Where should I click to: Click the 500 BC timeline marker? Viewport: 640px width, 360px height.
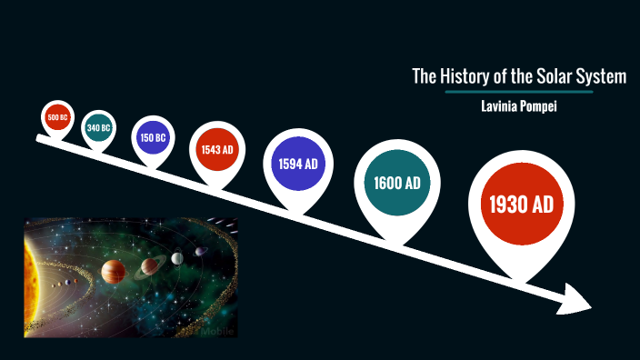pos(56,118)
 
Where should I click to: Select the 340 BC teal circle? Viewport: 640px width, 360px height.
pos(98,128)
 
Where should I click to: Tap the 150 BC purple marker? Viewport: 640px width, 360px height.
pos(153,138)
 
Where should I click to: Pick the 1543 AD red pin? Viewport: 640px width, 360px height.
pos(217,149)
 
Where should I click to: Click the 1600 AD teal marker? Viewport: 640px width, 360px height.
pos(396,183)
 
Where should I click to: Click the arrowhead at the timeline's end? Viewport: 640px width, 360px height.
pos(575,300)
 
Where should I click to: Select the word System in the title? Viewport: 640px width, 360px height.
pos(603,76)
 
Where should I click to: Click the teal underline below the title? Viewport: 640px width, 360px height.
pos(519,92)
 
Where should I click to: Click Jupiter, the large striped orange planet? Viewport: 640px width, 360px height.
pos(113,271)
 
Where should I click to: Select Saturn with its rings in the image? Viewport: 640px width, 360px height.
pos(149,266)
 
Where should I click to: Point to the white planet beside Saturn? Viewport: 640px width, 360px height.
pos(177,258)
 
